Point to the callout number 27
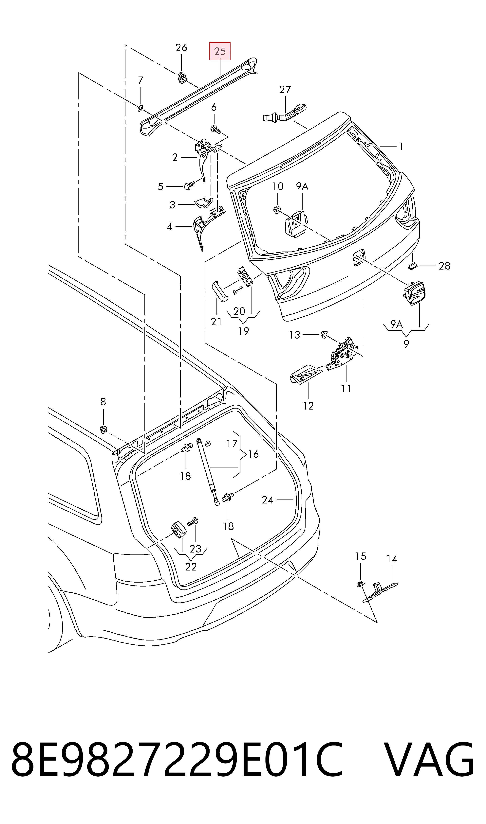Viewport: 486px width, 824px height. pos(285,89)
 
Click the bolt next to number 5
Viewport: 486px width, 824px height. pos(190,185)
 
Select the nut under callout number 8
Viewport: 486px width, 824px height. pos(103,429)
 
